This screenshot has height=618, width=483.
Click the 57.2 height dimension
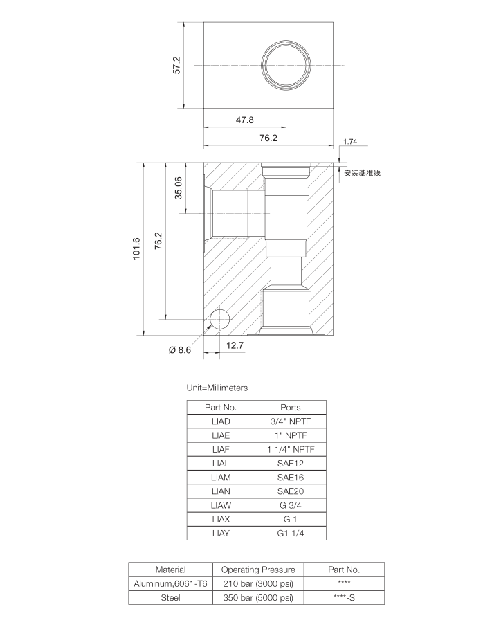point(177,65)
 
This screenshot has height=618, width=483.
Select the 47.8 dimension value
point(244,120)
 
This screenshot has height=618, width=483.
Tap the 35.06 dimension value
point(178,188)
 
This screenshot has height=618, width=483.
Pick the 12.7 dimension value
point(235,345)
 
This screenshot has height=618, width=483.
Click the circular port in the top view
point(286,64)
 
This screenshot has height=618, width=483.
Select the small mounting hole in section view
point(220,319)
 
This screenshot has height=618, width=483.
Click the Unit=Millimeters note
point(217,388)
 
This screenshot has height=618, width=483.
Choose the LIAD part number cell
point(221,421)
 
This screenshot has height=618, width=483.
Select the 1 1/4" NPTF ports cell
point(290,449)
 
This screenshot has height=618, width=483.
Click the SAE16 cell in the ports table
point(290,478)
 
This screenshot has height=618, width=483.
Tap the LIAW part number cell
point(221,506)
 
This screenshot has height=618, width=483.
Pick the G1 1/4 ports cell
point(290,534)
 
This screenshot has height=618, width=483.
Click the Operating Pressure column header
point(257,570)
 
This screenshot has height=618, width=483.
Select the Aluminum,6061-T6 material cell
point(170,584)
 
